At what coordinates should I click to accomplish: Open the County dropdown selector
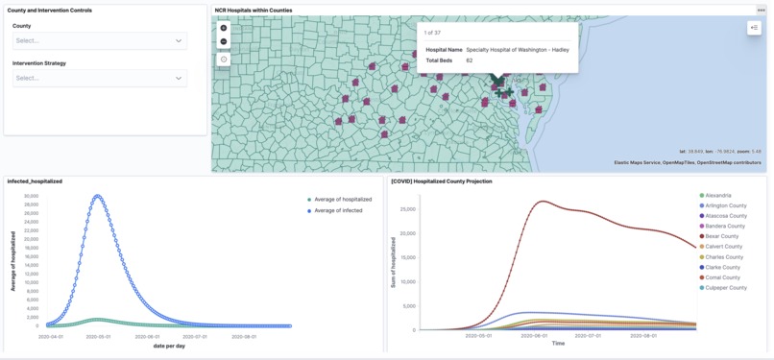(99, 40)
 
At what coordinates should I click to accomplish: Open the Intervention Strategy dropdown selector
(99, 78)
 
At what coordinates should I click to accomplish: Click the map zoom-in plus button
(224, 28)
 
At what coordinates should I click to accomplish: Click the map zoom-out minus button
(224, 41)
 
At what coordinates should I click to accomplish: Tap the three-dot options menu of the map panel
(761, 11)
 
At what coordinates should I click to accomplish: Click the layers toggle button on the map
(754, 28)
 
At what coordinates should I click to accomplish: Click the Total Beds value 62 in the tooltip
(470, 60)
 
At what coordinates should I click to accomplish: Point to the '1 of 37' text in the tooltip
(433, 33)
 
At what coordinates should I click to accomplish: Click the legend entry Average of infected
(338, 210)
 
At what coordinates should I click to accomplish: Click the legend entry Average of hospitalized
(342, 200)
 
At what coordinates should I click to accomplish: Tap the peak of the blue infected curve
(97, 196)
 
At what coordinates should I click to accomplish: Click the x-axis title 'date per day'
(169, 346)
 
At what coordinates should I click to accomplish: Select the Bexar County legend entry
(721, 236)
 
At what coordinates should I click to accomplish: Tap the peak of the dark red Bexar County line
(543, 201)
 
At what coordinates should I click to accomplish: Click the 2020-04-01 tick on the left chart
(50, 337)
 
